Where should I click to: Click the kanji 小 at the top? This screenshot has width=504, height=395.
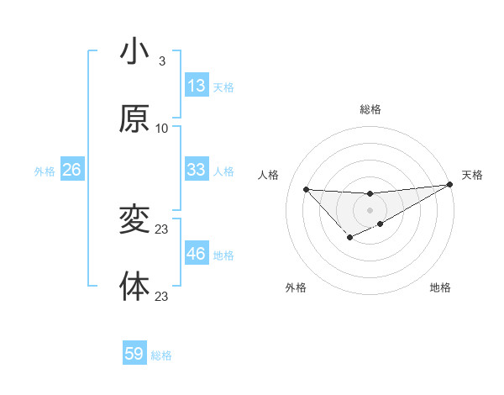134,52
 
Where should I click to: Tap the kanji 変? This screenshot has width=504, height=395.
134,220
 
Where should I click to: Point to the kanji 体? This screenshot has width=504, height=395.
134,287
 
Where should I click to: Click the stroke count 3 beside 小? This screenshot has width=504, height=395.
161,61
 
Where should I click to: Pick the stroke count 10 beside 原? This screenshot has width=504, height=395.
161,129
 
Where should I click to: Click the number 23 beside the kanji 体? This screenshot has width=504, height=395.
162,297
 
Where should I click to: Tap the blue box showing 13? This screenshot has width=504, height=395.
197,86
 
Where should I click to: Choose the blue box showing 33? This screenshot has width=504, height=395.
197,170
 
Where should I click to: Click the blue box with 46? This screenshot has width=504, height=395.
197,254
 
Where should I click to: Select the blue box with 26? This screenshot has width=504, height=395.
72,170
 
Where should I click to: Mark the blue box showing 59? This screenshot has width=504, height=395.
134,354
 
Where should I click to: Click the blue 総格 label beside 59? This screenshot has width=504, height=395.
161,356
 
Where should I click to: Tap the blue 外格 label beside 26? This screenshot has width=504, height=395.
45,171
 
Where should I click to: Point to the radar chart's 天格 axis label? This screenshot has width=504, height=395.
472,175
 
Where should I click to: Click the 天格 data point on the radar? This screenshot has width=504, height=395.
450,185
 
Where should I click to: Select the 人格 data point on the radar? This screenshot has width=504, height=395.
306,189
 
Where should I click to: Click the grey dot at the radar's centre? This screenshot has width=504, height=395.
370,209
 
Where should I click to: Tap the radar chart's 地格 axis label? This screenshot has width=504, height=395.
440,288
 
